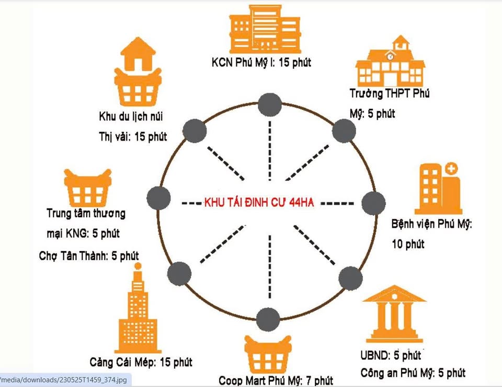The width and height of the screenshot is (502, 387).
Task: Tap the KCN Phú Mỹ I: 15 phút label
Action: pos(261,63)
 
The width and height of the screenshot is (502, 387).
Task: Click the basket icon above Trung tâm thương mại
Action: pos(87,189)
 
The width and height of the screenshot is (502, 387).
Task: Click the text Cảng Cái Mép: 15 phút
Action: pos(141,361)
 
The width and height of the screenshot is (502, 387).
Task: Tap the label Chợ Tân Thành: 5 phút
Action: pos(89,256)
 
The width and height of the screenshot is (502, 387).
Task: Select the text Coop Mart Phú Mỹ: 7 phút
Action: pos(276,381)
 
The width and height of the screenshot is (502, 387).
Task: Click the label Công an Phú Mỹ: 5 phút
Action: pos(413,372)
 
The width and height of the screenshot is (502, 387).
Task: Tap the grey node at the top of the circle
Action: pos(270,102)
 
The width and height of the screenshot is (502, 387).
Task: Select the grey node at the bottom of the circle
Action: pos(268,319)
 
